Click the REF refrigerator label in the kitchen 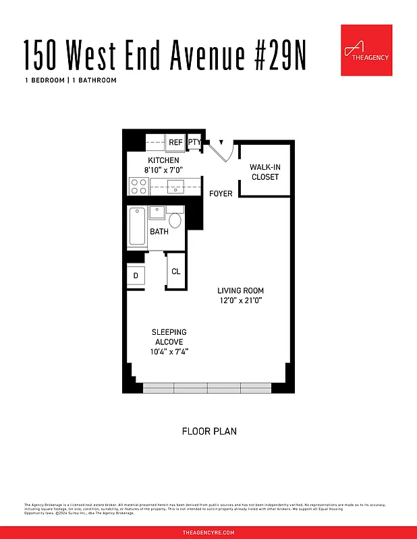click(x=175, y=142)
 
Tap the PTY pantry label click(x=194, y=142)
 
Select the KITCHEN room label click(x=163, y=160)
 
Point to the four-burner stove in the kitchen click(x=139, y=185)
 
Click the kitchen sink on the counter click(x=176, y=187)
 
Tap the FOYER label click(x=221, y=194)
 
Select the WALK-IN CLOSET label click(x=265, y=172)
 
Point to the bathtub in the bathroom click(x=136, y=227)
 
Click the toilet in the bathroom click(x=175, y=220)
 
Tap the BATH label click(x=159, y=232)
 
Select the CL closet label click(x=175, y=272)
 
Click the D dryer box click(x=136, y=276)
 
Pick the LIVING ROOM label click(x=240, y=291)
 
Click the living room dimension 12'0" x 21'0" click(x=240, y=300)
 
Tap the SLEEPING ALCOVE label click(x=169, y=337)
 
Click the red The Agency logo click(x=366, y=50)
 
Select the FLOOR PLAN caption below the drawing click(x=209, y=431)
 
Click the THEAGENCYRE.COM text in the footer click(x=208, y=532)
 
